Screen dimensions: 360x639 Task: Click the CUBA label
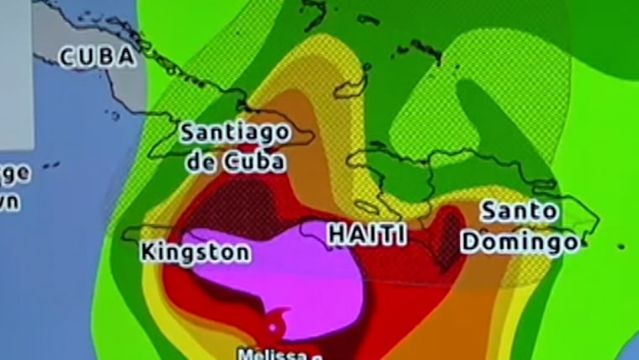[x=96, y=57]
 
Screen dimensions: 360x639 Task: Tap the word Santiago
[x=235, y=133]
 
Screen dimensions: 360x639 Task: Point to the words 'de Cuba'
[x=235, y=161]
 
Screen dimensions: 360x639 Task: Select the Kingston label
[x=195, y=252]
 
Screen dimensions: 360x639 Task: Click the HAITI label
[x=367, y=235]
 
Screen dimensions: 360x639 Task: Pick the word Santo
[x=520, y=211]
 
